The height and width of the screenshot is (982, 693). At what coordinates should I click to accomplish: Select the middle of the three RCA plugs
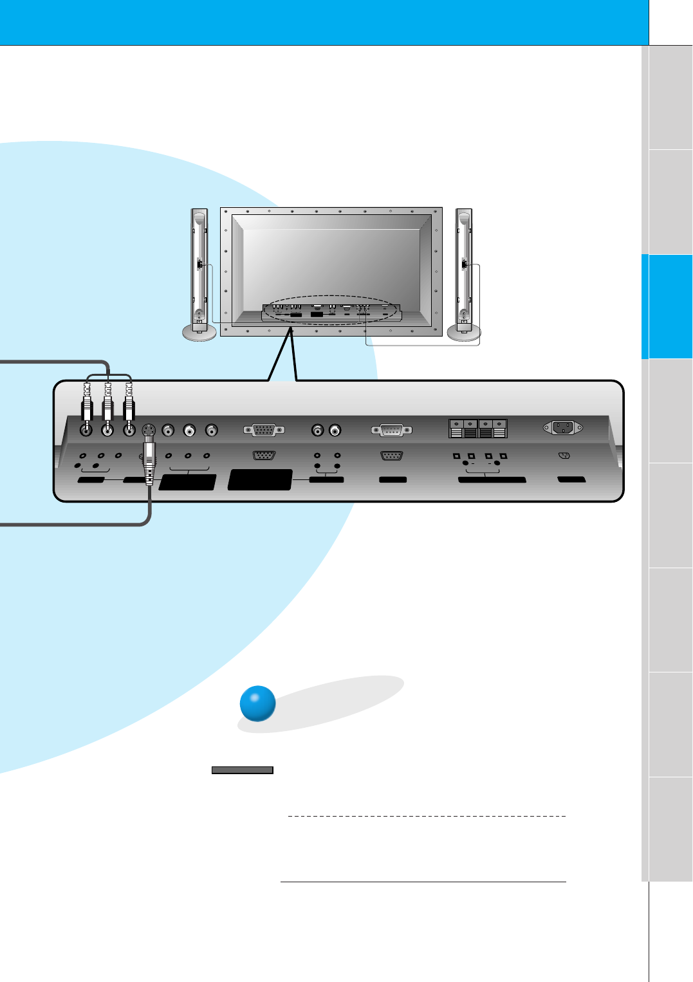point(107,405)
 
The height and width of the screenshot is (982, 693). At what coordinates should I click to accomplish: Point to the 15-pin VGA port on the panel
point(264,430)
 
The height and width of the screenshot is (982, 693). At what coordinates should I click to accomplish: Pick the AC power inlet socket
point(563,427)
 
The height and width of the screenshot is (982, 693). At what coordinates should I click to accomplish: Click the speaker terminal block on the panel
point(478,428)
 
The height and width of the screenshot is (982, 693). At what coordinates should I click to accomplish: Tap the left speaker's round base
point(199,332)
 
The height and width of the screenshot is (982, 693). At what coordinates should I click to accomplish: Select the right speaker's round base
point(464,332)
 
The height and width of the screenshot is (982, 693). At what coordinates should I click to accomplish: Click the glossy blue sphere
point(257,703)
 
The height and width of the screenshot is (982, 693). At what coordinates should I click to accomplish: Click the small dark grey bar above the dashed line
point(243,770)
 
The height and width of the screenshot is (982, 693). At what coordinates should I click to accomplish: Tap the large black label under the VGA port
point(260,480)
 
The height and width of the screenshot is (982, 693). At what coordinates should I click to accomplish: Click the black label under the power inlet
point(571,480)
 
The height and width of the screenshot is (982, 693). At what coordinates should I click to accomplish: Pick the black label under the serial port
point(393,480)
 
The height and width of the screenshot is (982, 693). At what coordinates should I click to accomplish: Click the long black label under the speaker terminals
point(492,480)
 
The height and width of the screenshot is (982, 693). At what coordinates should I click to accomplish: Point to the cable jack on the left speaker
point(199,264)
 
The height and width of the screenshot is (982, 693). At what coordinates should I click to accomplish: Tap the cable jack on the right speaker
point(464,264)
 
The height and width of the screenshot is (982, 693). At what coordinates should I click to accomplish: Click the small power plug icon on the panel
point(564,456)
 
